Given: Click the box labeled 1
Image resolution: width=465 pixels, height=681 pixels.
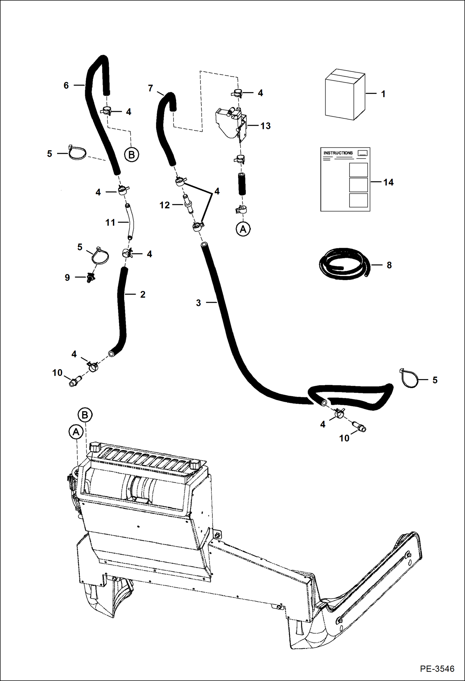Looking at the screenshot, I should (345, 95).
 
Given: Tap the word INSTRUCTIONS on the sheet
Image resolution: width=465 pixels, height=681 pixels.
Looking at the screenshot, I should (338, 153).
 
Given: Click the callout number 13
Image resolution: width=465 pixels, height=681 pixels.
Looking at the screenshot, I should (265, 126).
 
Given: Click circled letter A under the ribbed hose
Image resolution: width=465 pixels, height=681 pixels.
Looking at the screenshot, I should (243, 229).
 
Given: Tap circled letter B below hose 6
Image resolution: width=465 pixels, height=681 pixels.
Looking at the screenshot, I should (131, 155).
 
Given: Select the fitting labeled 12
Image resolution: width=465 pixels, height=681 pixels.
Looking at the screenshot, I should (187, 204).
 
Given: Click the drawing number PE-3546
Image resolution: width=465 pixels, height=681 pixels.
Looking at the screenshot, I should (437, 669).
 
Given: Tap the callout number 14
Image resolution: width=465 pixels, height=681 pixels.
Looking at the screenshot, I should (388, 182).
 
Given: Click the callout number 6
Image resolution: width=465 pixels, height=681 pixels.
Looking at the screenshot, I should (66, 85).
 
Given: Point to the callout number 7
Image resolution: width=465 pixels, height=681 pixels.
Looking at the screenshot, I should (151, 89).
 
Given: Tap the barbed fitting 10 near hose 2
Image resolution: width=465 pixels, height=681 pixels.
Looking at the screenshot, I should (75, 382).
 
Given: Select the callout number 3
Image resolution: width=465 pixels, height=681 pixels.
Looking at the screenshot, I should (199, 303).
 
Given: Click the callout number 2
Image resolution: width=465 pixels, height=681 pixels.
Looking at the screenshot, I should (143, 294).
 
